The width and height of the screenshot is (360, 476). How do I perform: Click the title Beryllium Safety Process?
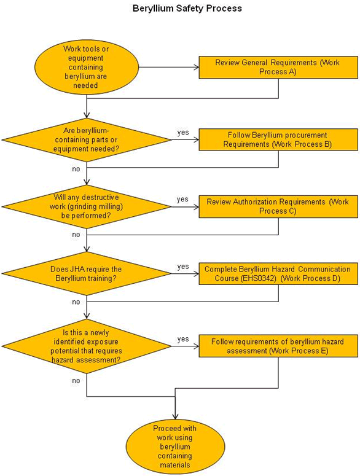coord(187,8)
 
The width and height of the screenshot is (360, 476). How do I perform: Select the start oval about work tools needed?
coord(87,67)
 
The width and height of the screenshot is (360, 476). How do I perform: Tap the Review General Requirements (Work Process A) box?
coord(278,67)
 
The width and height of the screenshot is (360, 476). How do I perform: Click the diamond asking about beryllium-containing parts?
coord(87,140)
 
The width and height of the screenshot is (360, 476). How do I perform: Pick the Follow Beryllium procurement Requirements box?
coord(278,139)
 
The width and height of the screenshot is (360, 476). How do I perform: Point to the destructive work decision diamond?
coord(87,207)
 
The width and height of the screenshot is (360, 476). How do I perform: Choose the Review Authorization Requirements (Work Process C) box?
coord(278,206)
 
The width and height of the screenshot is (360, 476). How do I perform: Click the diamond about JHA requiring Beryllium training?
coord(87,273)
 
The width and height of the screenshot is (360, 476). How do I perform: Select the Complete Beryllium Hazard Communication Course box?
coord(278,273)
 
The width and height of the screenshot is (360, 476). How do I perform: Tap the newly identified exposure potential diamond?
coord(87,346)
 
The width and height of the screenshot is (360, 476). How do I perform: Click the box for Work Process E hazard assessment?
coord(278,346)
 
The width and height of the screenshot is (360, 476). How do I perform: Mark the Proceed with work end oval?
coord(175,447)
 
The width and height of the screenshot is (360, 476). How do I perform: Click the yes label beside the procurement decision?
coord(183,133)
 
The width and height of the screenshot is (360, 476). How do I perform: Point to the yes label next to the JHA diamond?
coord(183,267)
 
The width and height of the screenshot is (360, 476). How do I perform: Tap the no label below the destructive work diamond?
coord(76,235)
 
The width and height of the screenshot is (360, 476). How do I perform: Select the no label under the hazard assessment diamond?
coord(76,381)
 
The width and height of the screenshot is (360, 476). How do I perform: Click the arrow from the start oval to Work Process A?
coord(169,67)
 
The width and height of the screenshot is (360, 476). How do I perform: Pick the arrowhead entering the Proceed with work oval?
coord(175,417)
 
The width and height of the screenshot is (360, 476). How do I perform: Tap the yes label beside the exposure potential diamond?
coord(183,339)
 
